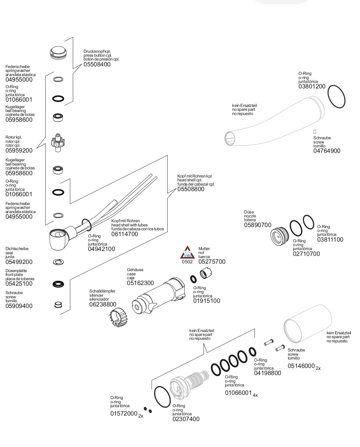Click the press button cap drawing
[59, 52]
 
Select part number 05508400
[97, 64]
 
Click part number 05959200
[19, 151]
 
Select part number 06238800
[103, 304]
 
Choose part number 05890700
[258, 225]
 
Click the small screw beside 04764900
[314, 132]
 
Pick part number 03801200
[312, 87]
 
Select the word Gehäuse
[135, 270]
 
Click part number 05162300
[140, 283]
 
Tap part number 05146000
[301, 366]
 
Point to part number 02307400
[186, 419]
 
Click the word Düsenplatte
[16, 271]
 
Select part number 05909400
[19, 306]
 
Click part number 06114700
[125, 234]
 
